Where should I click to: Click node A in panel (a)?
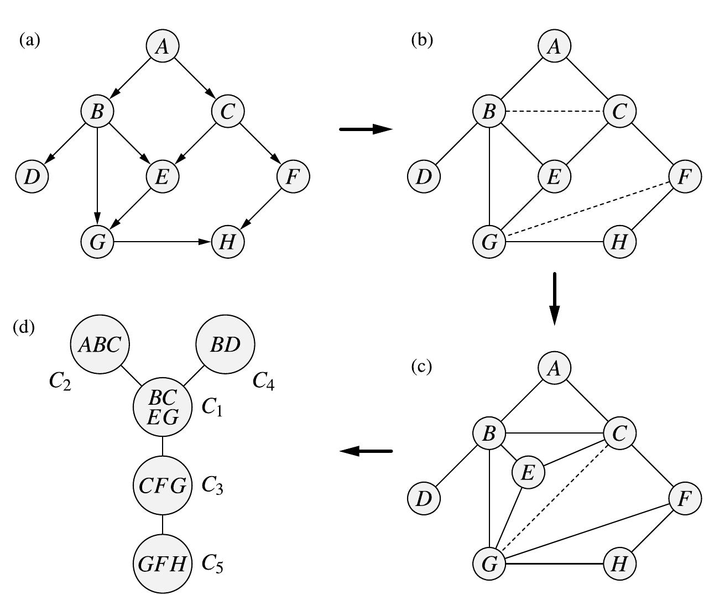(x=162, y=46)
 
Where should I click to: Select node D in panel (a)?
(x=32, y=176)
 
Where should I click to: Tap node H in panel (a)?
(x=227, y=242)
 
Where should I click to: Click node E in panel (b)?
(x=554, y=176)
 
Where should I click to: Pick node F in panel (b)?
(x=685, y=176)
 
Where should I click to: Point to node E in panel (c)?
(x=528, y=473)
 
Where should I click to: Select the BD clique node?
(x=226, y=345)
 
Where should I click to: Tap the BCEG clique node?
(x=163, y=407)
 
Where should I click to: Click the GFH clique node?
(x=163, y=563)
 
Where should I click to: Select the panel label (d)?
(x=24, y=327)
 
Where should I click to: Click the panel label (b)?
(x=422, y=40)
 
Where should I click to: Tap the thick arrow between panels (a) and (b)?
(x=365, y=129)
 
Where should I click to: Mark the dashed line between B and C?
(x=554, y=112)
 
